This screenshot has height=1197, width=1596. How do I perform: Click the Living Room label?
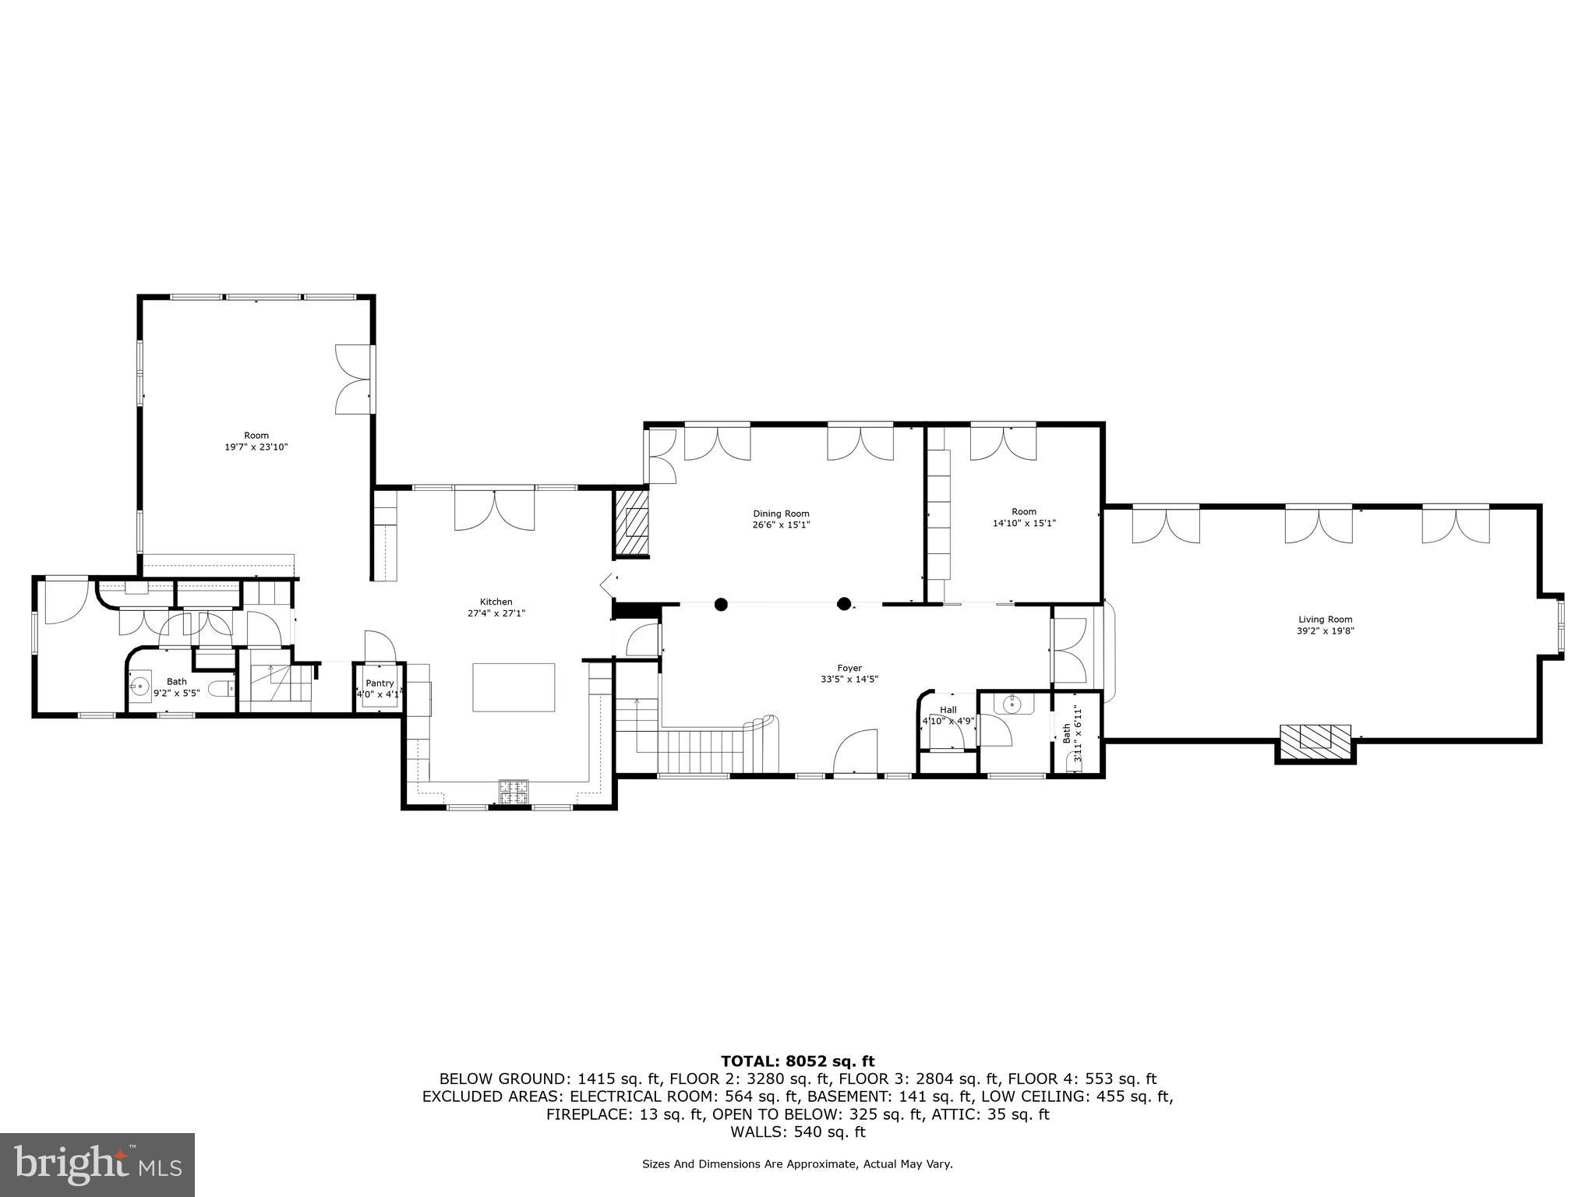(x=1325, y=620)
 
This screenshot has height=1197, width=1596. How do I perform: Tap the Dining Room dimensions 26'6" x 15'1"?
(x=781, y=525)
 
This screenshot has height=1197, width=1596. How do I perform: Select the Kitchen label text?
(x=496, y=602)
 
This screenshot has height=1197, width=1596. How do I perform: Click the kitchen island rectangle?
(x=514, y=687)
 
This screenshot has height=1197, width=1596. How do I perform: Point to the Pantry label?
(x=380, y=683)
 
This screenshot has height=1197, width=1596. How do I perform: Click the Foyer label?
(x=849, y=668)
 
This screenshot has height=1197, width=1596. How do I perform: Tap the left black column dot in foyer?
(x=721, y=603)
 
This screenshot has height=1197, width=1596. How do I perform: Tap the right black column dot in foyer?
(x=843, y=603)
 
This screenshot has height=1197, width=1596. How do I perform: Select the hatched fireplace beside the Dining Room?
(x=632, y=521)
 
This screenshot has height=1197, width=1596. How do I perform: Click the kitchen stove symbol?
(x=514, y=792)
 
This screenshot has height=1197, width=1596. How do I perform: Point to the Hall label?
(x=948, y=710)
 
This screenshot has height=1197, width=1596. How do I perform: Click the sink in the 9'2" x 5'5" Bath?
(x=140, y=687)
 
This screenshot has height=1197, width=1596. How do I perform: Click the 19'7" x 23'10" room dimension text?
(x=256, y=447)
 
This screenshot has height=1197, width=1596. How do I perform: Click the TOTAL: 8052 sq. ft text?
(x=797, y=1061)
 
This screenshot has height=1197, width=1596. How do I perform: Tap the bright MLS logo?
(x=97, y=1165)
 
